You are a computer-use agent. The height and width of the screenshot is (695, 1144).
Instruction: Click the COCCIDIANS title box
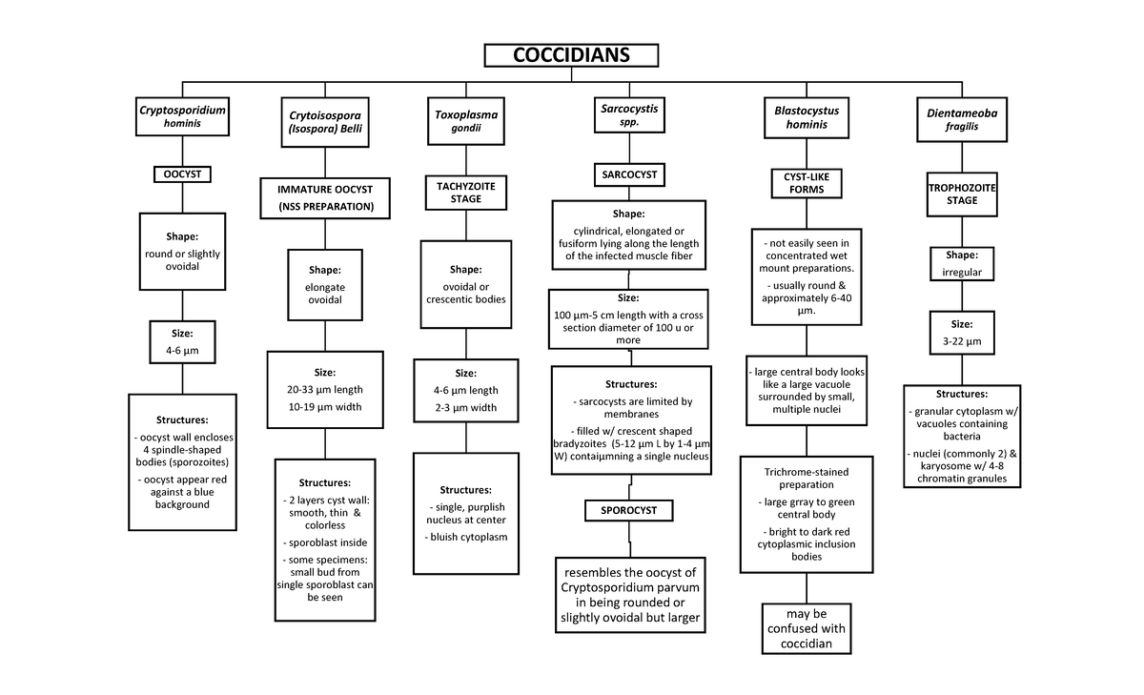click(x=571, y=55)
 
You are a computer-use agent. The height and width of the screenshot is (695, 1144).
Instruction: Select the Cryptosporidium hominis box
click(x=182, y=116)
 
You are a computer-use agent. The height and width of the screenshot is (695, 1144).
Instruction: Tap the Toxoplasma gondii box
click(x=466, y=121)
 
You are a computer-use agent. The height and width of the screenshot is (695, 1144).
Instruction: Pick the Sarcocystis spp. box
click(x=629, y=115)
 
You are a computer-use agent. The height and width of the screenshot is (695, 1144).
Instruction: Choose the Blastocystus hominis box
click(x=807, y=117)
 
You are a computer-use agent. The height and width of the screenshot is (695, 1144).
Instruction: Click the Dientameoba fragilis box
click(x=962, y=119)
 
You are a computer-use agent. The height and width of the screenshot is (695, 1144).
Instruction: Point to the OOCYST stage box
click(x=182, y=174)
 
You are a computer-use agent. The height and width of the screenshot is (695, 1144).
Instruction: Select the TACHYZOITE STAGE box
click(x=466, y=193)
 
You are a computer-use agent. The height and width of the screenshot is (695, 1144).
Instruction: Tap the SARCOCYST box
click(x=629, y=174)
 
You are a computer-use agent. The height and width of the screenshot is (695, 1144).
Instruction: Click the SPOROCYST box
click(x=628, y=510)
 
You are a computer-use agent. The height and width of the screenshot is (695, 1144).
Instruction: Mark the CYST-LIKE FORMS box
click(x=807, y=183)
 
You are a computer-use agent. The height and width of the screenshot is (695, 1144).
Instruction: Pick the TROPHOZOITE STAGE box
click(x=962, y=194)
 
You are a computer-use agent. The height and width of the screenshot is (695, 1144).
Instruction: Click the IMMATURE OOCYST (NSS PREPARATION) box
click(x=325, y=198)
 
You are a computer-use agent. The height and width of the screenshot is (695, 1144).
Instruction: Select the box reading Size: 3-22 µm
click(x=962, y=333)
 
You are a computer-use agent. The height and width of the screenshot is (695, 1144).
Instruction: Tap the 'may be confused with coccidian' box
click(x=807, y=628)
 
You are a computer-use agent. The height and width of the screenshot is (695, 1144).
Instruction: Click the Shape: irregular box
click(x=962, y=263)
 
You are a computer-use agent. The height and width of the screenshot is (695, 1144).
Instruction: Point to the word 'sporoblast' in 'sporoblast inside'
click(x=313, y=542)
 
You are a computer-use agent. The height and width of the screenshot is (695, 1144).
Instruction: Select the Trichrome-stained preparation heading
click(x=807, y=478)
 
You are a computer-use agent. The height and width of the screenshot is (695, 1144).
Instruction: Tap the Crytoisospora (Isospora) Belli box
click(x=325, y=122)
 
